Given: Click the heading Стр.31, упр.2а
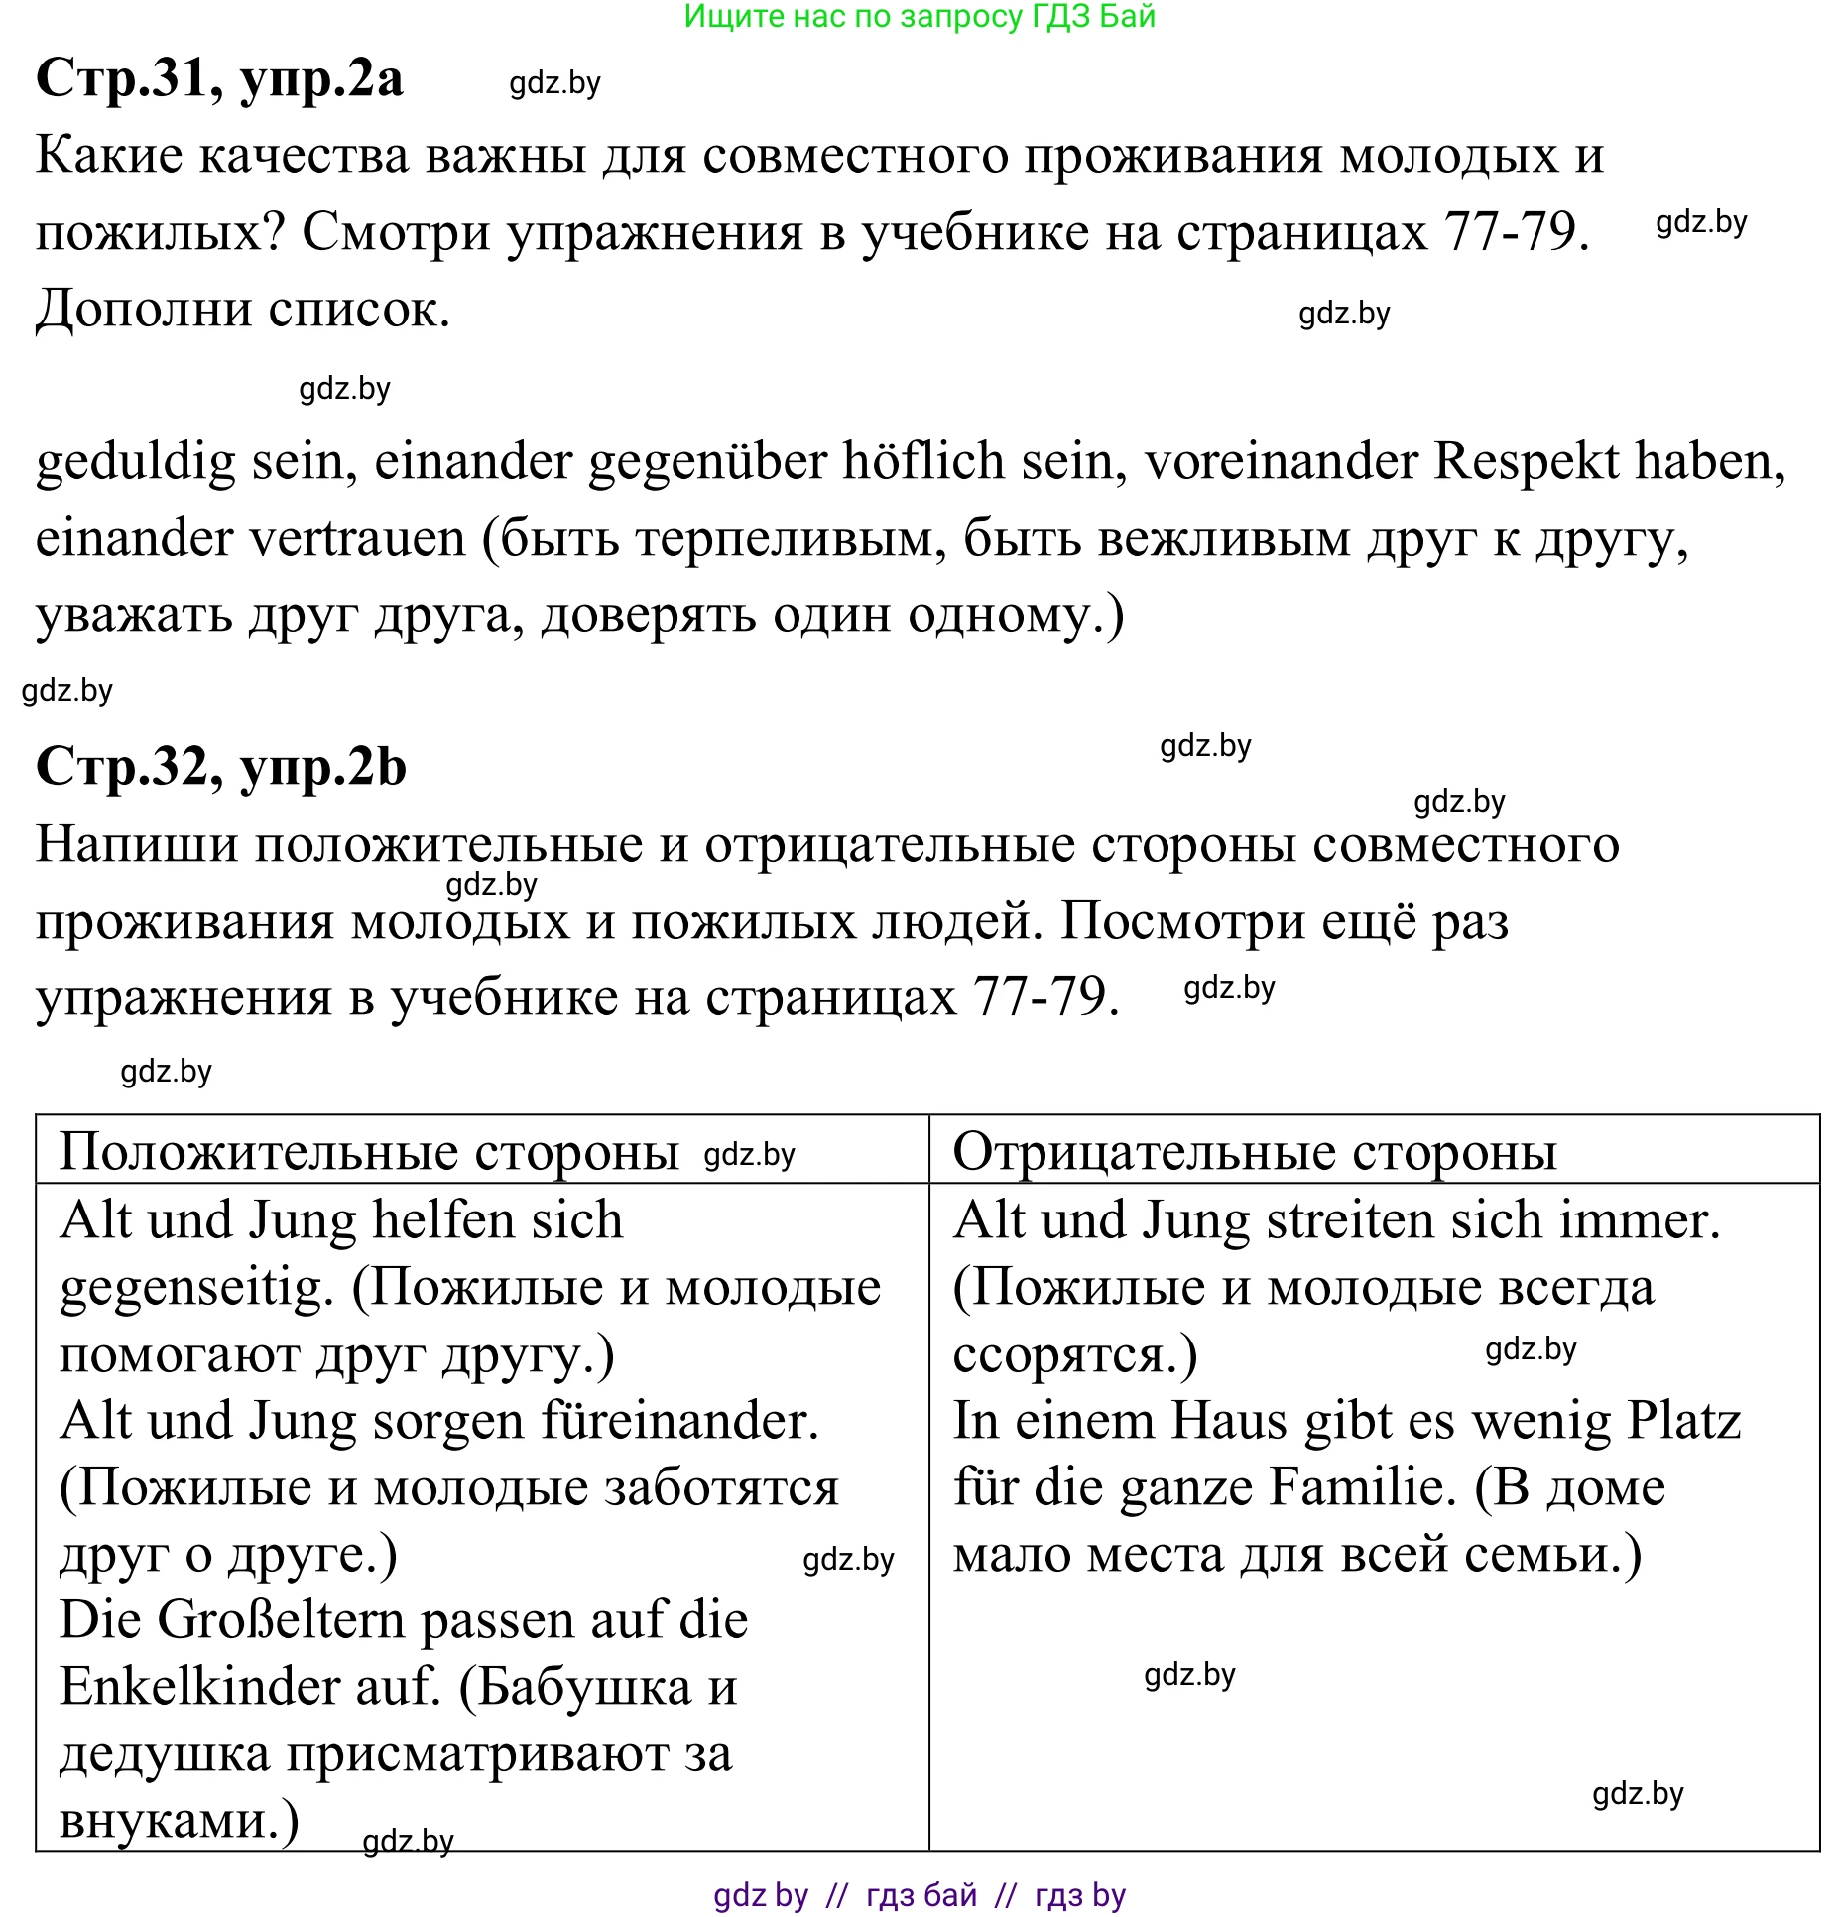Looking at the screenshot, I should click(219, 79).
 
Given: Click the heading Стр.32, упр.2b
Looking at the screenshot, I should click(220, 768).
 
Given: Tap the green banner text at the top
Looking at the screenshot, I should click(920, 17).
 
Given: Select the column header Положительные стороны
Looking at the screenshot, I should click(368, 1153).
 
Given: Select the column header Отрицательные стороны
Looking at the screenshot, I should click(1254, 1153).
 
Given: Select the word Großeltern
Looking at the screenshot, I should click(281, 1621).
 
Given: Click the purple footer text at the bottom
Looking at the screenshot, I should click(920, 1895).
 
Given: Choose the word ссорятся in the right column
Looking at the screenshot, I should click(1064, 1355).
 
